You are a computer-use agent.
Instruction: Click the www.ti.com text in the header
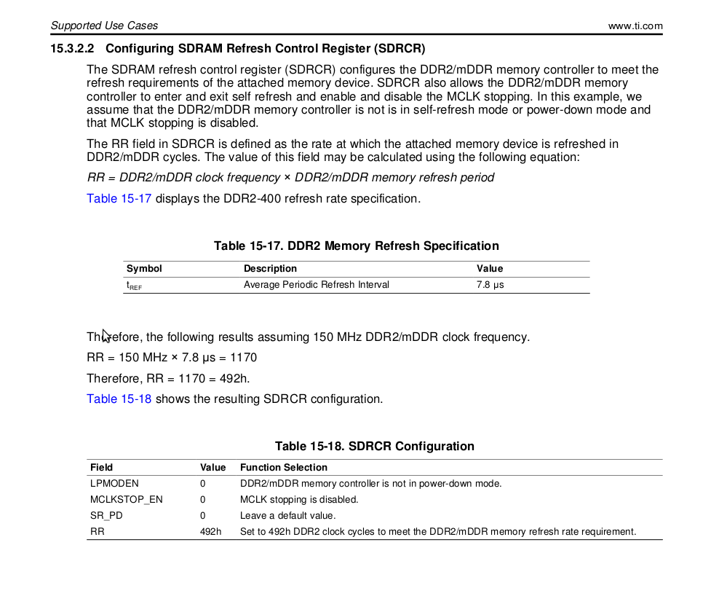(635, 26)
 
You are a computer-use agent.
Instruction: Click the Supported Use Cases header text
(104, 26)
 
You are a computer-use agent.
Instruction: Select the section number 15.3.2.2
(73, 49)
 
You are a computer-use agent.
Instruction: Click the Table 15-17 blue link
(119, 198)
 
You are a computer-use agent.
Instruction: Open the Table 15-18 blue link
(119, 399)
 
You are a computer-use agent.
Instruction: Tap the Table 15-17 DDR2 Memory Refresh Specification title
(356, 246)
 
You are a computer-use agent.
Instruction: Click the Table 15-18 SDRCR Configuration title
(374, 446)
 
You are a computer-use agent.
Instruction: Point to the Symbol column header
(144, 269)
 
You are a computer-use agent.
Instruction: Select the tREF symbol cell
(134, 286)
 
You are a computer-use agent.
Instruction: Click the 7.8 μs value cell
(490, 285)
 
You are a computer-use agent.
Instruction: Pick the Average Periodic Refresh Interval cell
(316, 285)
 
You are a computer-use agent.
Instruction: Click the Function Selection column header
(283, 468)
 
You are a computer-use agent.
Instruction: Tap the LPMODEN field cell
(114, 484)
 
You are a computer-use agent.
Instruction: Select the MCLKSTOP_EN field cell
(126, 500)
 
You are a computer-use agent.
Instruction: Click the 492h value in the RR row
(210, 532)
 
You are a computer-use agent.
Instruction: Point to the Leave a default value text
(287, 516)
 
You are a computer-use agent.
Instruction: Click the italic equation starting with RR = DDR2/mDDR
(290, 177)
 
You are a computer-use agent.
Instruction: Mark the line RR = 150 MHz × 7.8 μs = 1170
(171, 358)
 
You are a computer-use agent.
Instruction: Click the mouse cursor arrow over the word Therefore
(106, 335)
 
